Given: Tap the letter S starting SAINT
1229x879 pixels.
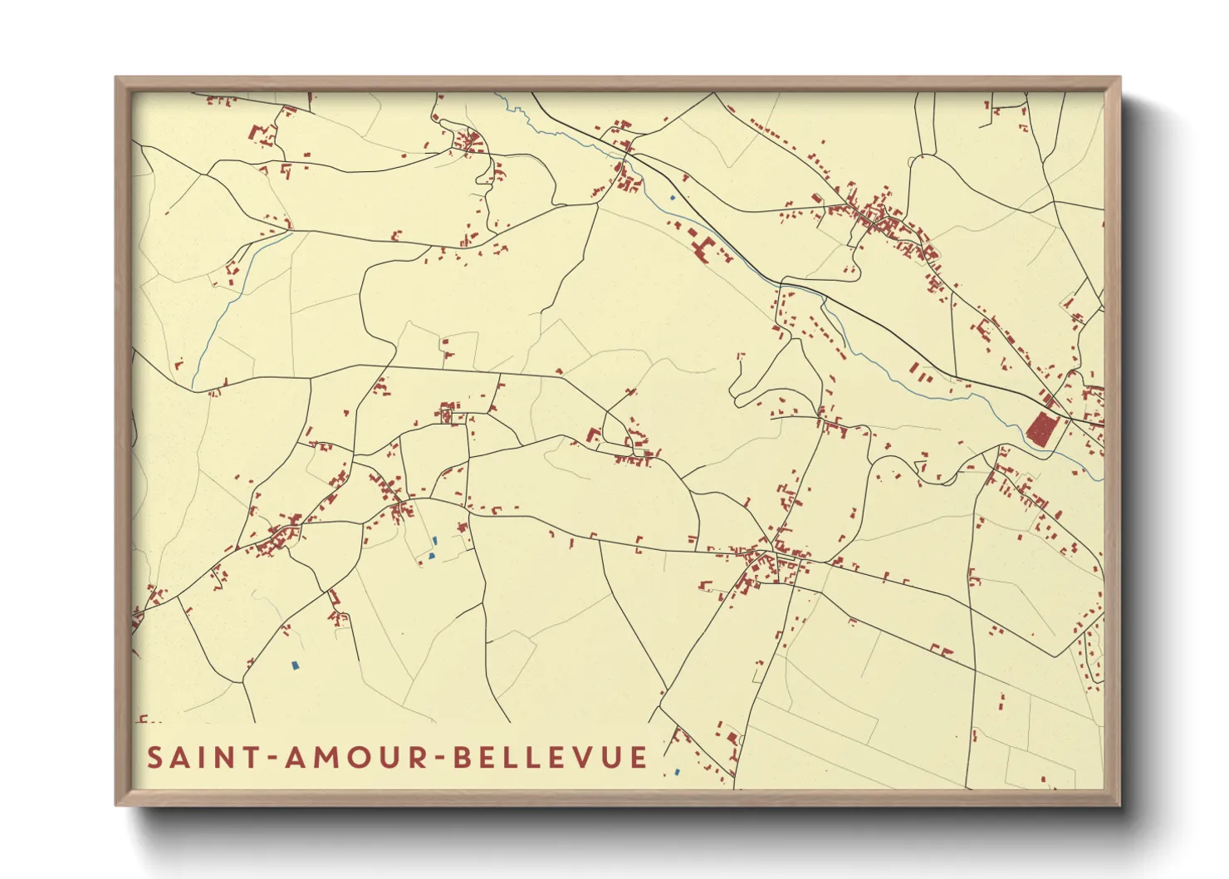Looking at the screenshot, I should [155, 758].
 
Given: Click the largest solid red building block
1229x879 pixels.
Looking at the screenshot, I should [1041, 429].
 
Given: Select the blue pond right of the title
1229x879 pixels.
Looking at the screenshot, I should [678, 772].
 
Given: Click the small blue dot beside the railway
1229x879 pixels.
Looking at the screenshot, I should [672, 198].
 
